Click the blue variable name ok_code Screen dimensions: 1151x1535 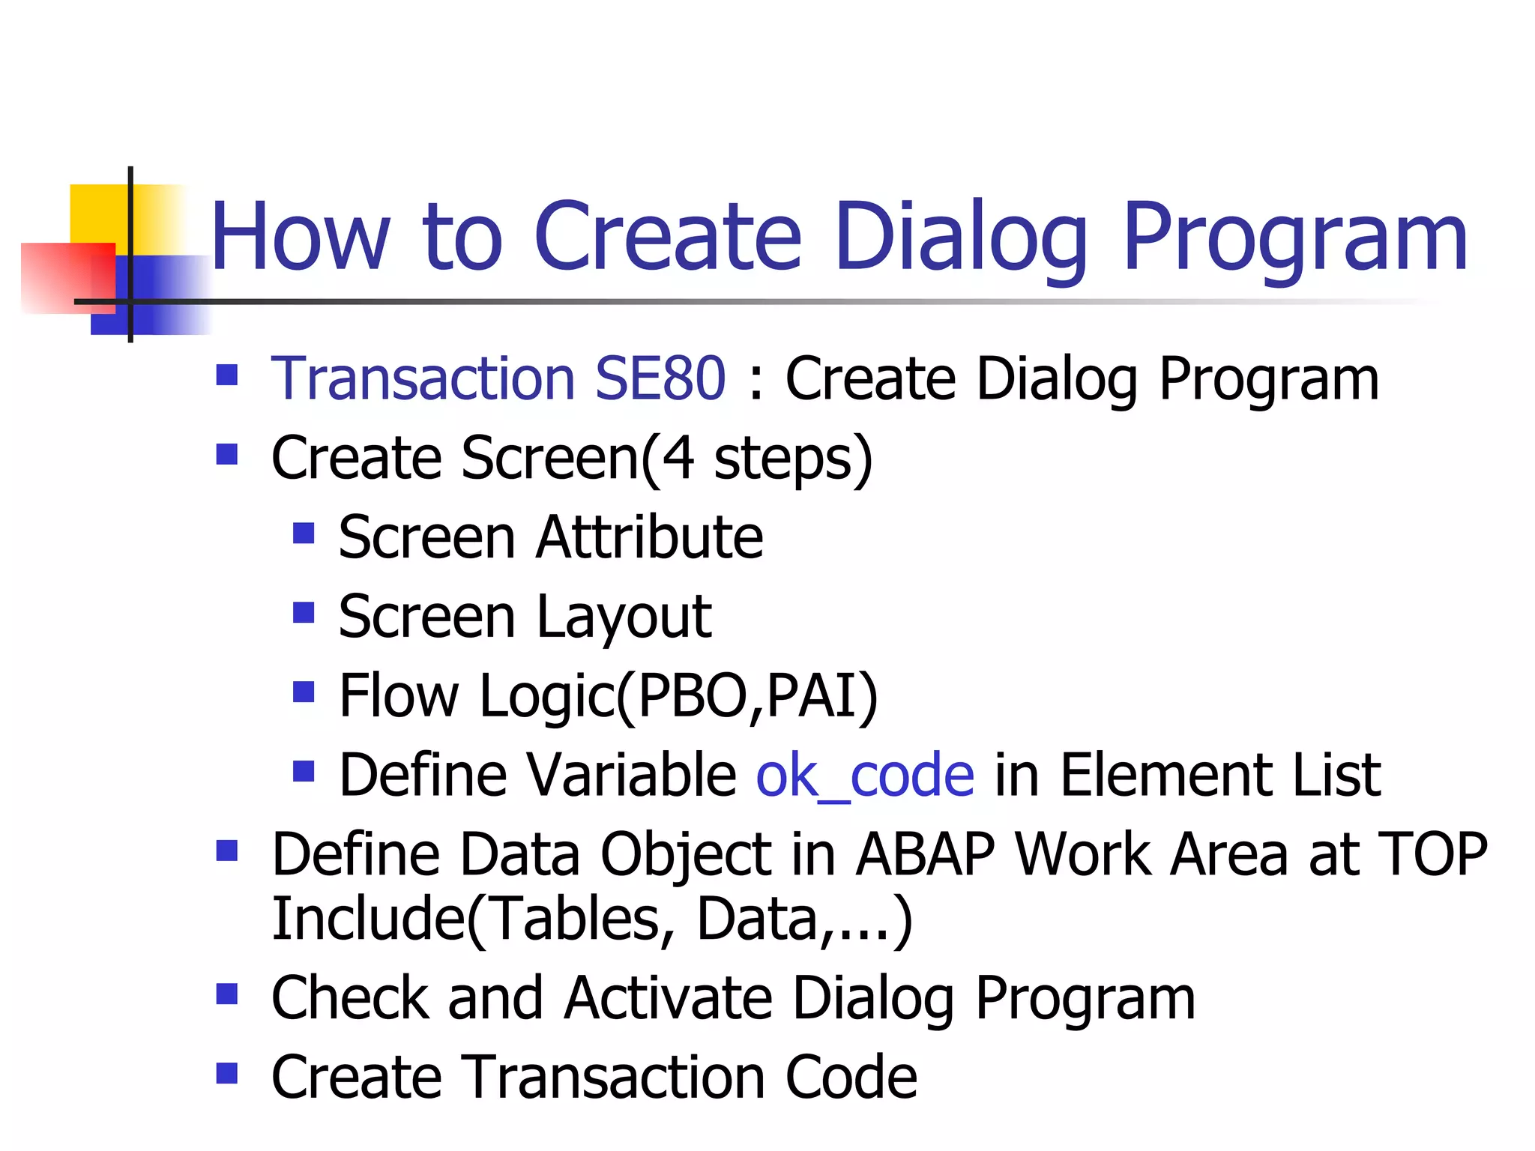(865, 776)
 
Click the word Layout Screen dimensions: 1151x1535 (624, 617)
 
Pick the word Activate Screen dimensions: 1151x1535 (668, 999)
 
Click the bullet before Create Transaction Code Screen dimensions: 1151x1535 (226, 1074)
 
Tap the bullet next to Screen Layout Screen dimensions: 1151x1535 (303, 613)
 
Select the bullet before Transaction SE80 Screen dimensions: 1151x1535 (226, 375)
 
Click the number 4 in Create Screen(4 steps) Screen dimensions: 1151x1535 (678, 458)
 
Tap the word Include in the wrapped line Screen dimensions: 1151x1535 (367, 919)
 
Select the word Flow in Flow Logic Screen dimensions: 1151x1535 (398, 696)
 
